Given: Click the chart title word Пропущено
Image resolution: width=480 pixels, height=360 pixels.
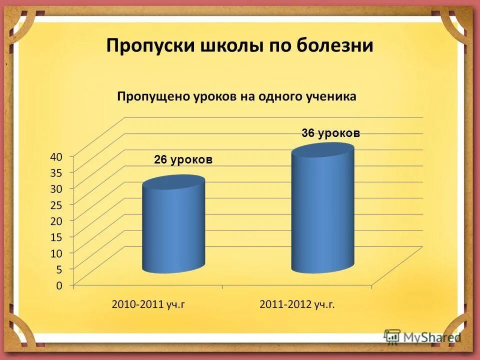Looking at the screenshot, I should (x=152, y=97).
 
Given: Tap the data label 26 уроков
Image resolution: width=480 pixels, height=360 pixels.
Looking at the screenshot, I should (x=183, y=159).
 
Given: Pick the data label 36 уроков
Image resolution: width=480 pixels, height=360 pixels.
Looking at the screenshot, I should (x=330, y=133).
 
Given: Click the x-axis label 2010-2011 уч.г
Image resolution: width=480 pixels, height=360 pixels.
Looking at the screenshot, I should (x=148, y=304).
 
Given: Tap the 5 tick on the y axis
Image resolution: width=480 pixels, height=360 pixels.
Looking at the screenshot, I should (x=58, y=269).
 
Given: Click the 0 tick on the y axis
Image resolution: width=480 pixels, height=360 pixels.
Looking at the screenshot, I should (x=58, y=286).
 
